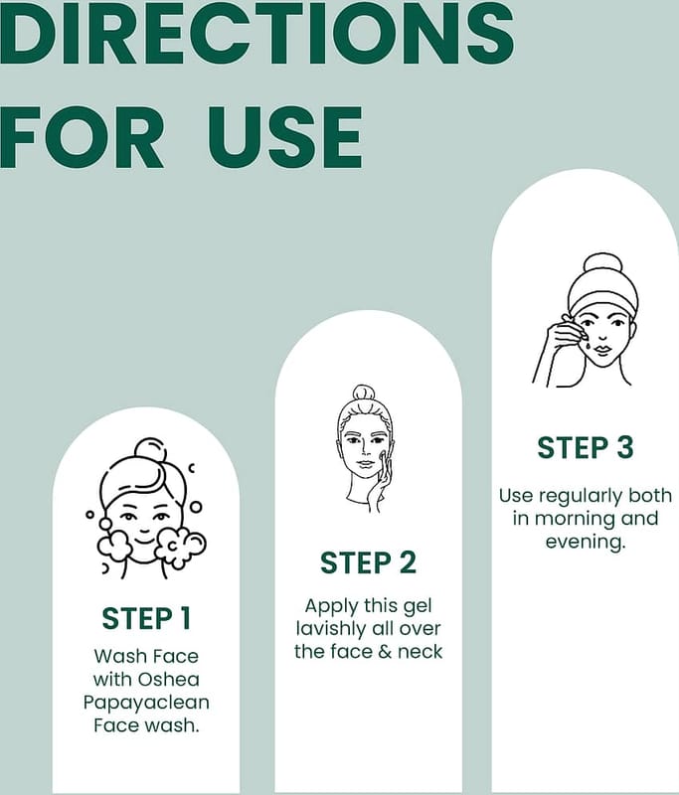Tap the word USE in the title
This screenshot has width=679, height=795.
285,137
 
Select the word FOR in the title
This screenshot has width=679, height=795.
83,137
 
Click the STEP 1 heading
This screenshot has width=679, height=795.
146,618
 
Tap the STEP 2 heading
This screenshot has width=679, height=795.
368,562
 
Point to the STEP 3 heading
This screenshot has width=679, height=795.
586,448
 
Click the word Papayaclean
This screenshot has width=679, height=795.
146,704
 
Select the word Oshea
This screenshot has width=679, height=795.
169,680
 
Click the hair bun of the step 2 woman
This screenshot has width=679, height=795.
364,393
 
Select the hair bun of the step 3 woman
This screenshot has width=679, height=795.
602,264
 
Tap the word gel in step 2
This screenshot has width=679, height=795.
418,607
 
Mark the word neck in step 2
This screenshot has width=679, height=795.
420,652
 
